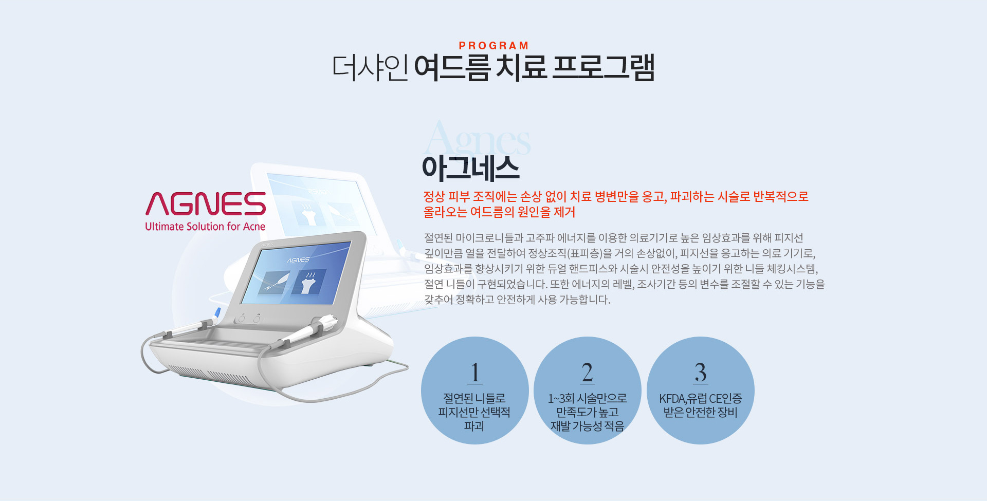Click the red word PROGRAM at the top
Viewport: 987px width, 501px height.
coord(493,46)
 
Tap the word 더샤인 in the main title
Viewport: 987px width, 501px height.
coord(370,68)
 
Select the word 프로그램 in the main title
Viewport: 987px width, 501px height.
coord(603,67)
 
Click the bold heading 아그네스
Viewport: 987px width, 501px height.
coord(470,168)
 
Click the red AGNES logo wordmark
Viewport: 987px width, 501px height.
coord(206,204)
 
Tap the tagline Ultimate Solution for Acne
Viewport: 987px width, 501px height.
coord(205,227)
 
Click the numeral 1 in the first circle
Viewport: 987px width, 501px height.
coord(475,373)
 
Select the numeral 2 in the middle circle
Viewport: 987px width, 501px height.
coord(588,373)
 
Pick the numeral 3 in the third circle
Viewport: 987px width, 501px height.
coord(701,373)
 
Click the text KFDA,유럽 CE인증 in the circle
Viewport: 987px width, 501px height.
coord(701,398)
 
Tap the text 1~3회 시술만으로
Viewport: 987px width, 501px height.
coord(588,398)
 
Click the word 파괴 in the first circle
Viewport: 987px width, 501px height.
coord(474,426)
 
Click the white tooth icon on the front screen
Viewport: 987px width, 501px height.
coord(308,283)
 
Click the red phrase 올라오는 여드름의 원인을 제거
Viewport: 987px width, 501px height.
coord(499,212)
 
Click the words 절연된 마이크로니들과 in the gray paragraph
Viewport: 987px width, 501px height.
coord(473,238)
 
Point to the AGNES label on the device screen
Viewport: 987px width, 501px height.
coord(298,260)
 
